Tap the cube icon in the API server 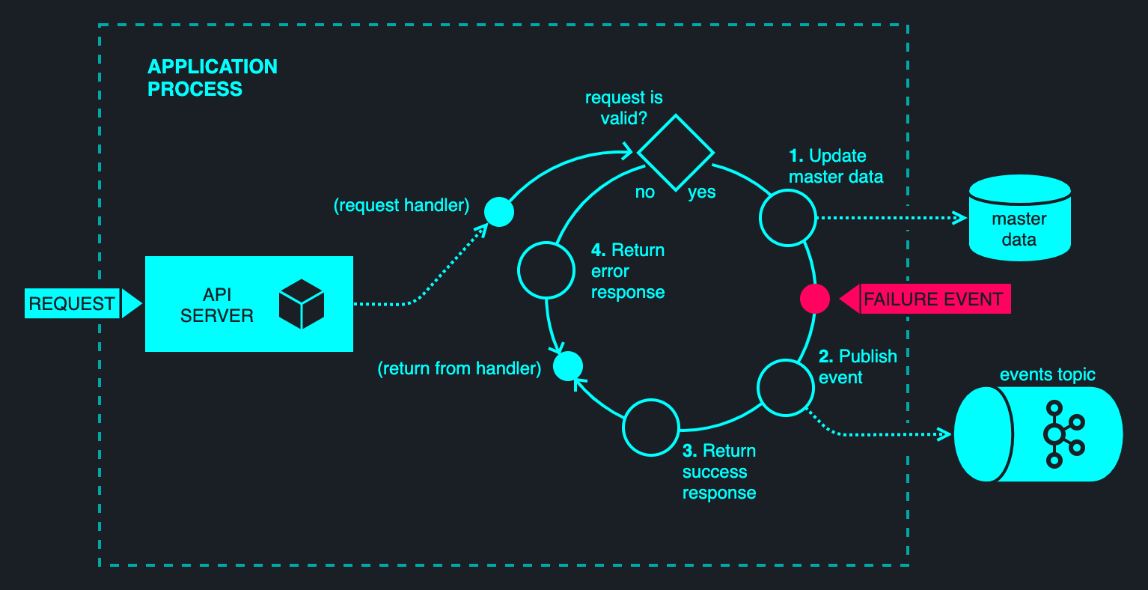[301, 304]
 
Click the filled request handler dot [499, 212]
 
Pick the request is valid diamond [675, 152]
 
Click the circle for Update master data [787, 217]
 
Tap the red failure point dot [814, 299]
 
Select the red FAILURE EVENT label [933, 299]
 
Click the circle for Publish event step [785, 388]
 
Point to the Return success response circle [651, 428]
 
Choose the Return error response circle [546, 270]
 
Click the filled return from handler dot [567, 366]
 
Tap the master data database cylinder [1019, 218]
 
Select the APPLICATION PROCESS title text [213, 78]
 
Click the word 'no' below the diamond [645, 192]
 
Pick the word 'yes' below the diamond [702, 192]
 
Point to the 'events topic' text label [1047, 374]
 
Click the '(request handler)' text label [401, 205]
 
